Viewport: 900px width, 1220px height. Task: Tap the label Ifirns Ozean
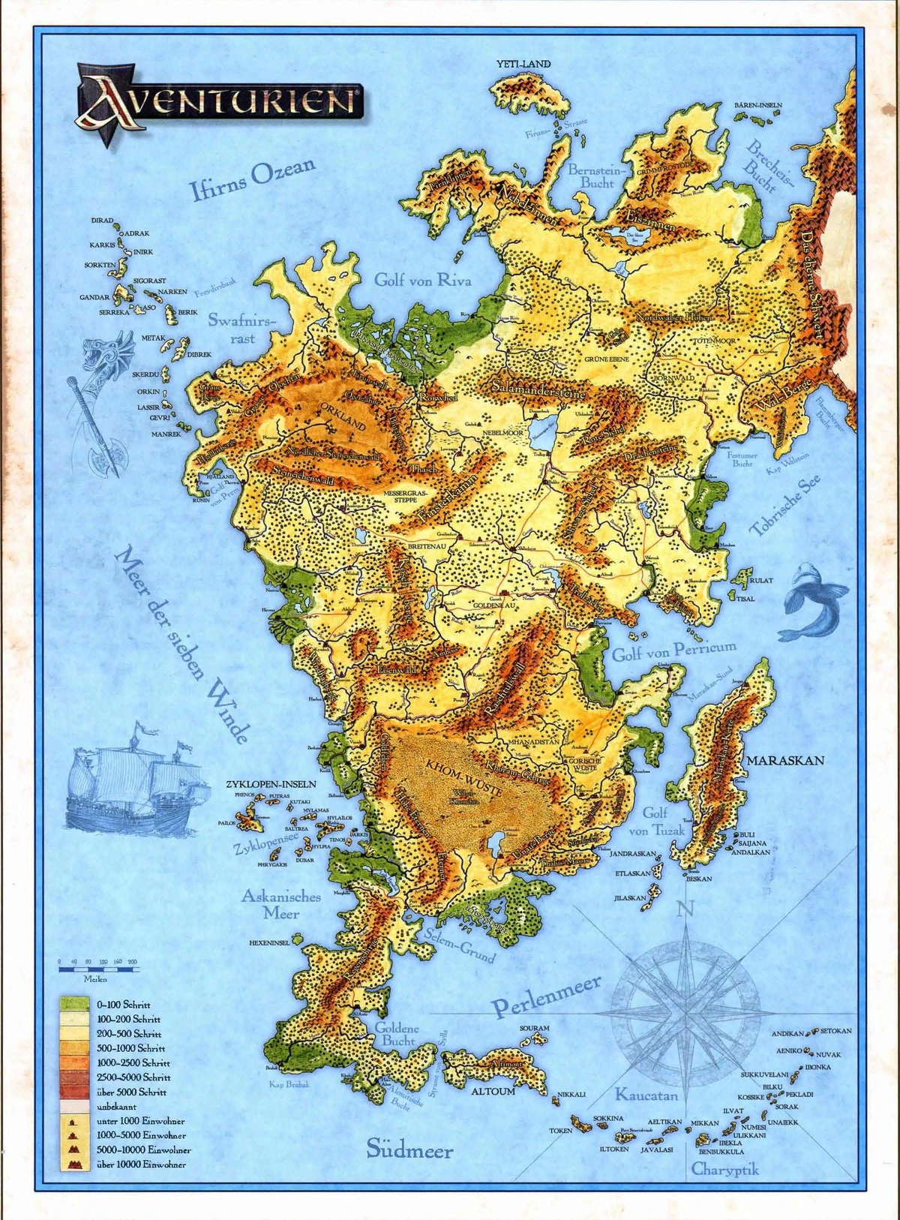point(252,180)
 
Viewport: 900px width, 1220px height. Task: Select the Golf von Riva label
point(423,280)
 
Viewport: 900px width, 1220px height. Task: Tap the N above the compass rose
point(684,909)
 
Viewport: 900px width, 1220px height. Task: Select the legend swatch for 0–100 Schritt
point(76,1004)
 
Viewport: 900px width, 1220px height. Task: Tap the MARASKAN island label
point(784,760)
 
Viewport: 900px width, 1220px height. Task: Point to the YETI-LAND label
point(523,64)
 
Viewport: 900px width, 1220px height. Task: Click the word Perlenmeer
point(546,996)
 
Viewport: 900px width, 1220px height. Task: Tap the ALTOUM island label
point(493,1092)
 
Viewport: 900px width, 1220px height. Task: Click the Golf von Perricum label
point(673,650)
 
